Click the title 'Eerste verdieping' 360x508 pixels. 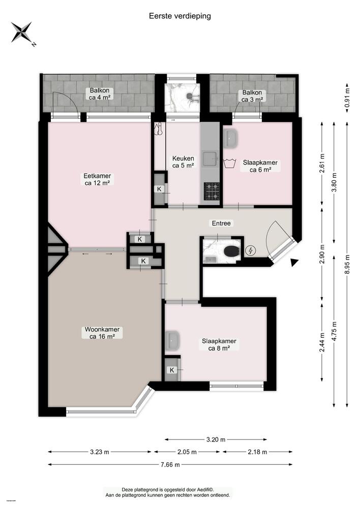pyautogui.click(x=180, y=16)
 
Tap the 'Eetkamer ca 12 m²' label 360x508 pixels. pyautogui.click(x=97, y=179)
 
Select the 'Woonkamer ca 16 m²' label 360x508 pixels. pyautogui.click(x=101, y=333)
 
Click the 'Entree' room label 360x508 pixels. pyautogui.click(x=221, y=223)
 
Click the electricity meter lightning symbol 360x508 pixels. pyautogui.click(x=251, y=250)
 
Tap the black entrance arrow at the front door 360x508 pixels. pyautogui.click(x=294, y=263)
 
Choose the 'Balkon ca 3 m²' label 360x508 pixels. pyautogui.click(x=252, y=96)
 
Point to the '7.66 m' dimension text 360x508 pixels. pyautogui.click(x=171, y=464)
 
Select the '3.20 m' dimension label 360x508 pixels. pyautogui.click(x=216, y=439)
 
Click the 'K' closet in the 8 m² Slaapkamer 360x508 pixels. pyautogui.click(x=172, y=370)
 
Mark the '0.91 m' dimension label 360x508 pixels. pyautogui.click(x=348, y=96)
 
